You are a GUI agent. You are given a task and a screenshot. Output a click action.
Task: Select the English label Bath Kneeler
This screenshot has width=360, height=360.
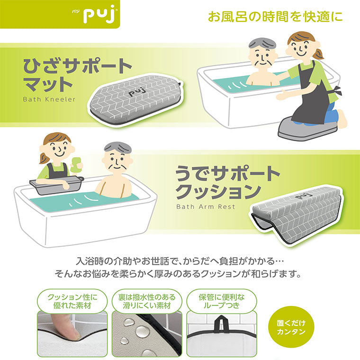pos(49,99)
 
